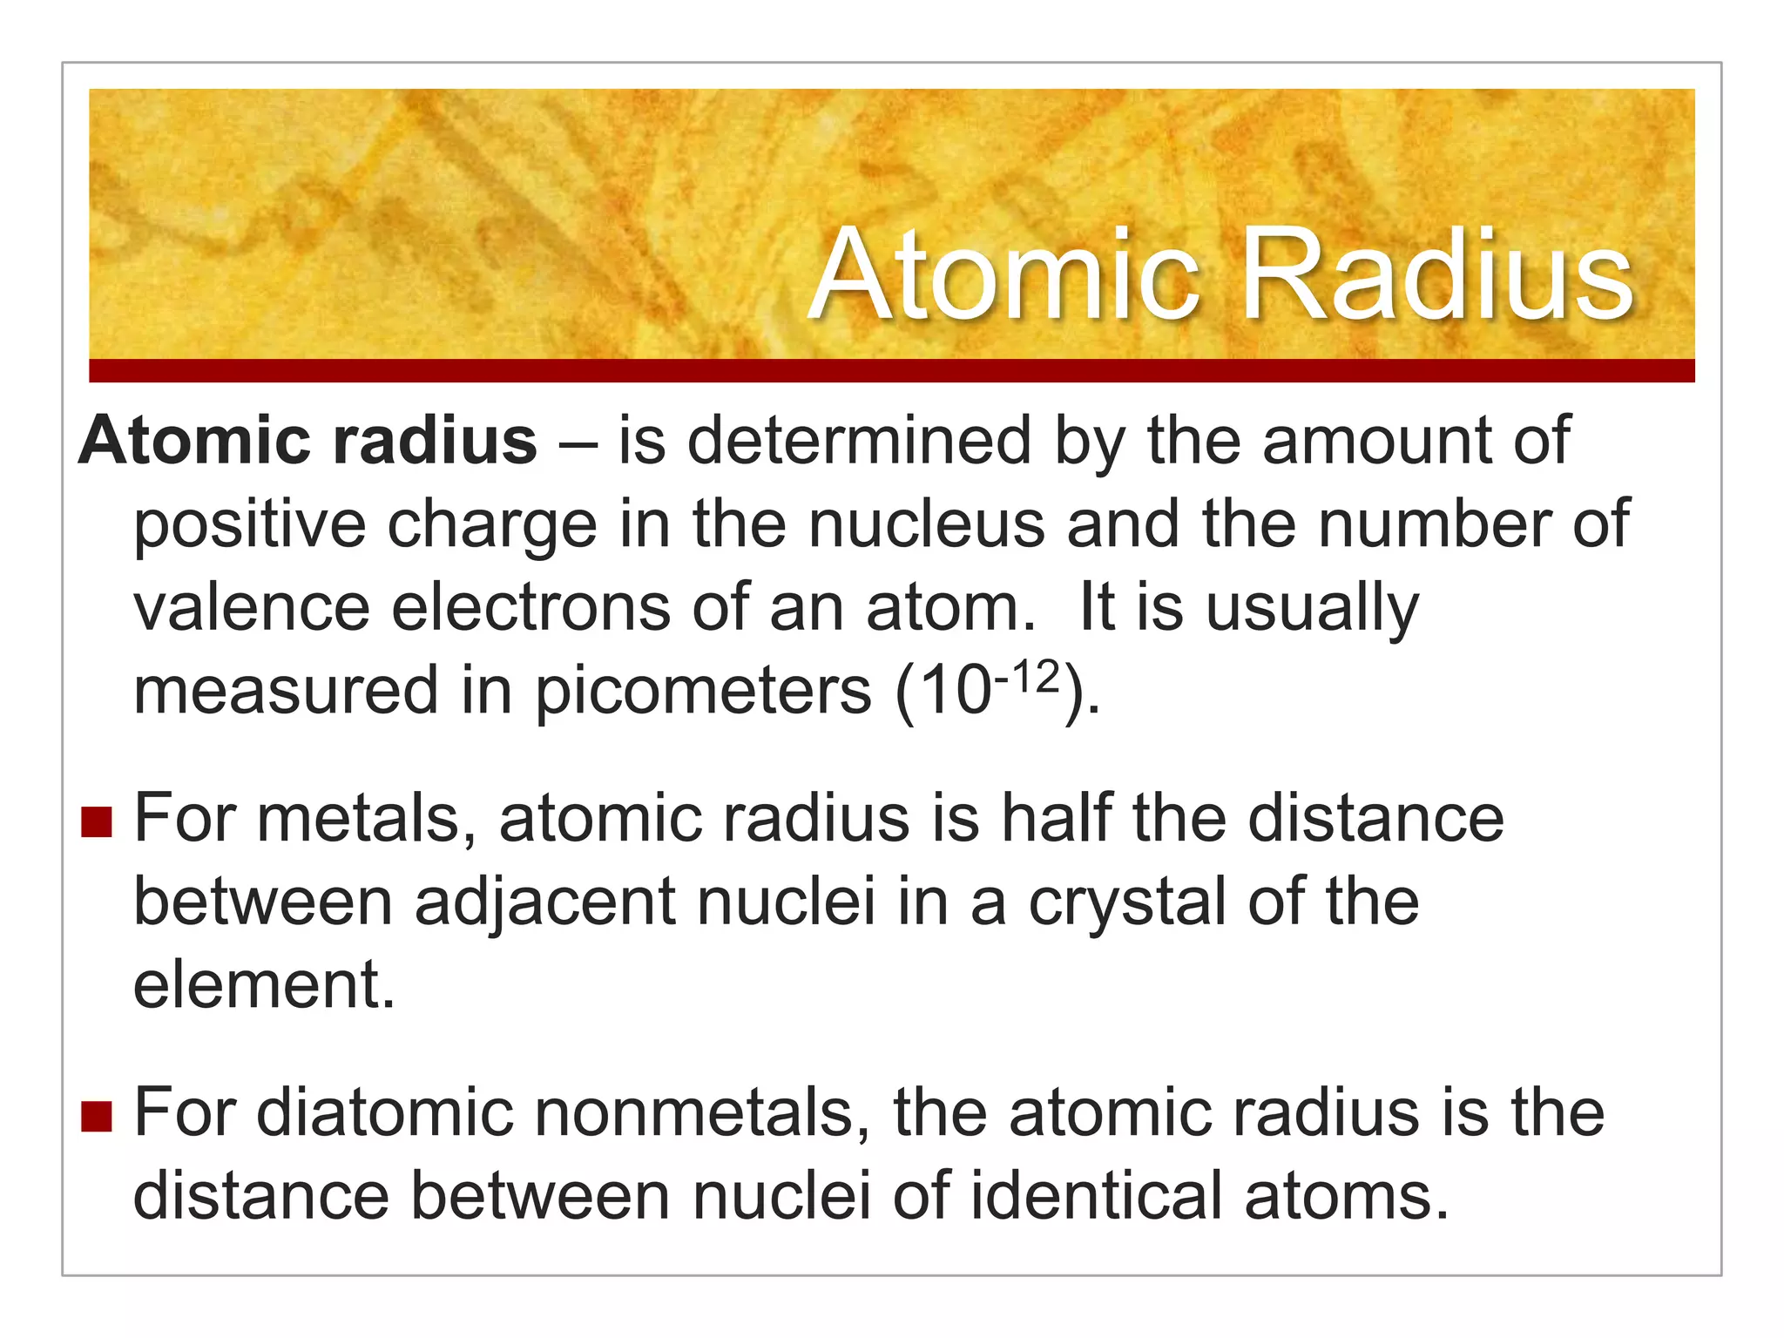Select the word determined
point(859,441)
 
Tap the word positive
point(249,524)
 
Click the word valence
point(252,607)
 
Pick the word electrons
point(530,607)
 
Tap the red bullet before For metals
point(97,821)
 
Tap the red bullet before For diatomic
point(97,1116)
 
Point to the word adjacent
point(544,902)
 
